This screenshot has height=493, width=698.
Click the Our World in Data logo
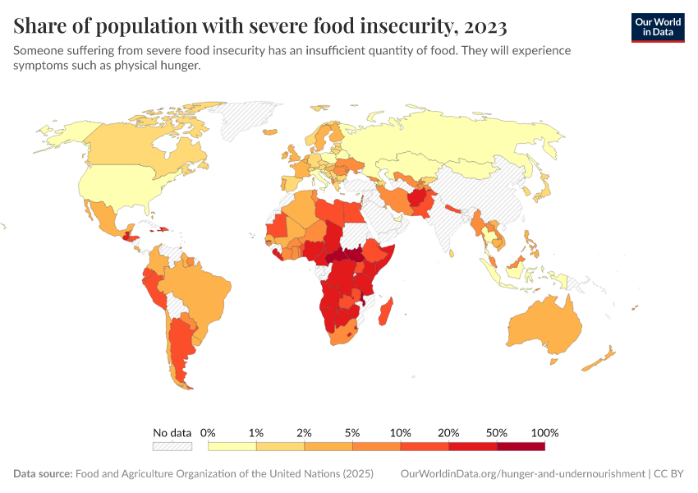click(x=657, y=27)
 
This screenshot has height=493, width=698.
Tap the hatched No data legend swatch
click(x=172, y=446)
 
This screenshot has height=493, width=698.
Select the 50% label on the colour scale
click(x=497, y=433)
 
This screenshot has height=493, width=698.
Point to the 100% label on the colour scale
click(x=544, y=433)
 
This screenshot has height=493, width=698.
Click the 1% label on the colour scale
click(x=256, y=433)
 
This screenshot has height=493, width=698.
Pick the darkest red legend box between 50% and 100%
click(x=521, y=446)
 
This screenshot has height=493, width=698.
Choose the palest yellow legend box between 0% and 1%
click(x=232, y=446)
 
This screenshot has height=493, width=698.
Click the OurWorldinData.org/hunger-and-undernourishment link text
click(x=522, y=474)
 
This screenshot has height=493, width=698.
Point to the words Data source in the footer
click(x=43, y=474)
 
